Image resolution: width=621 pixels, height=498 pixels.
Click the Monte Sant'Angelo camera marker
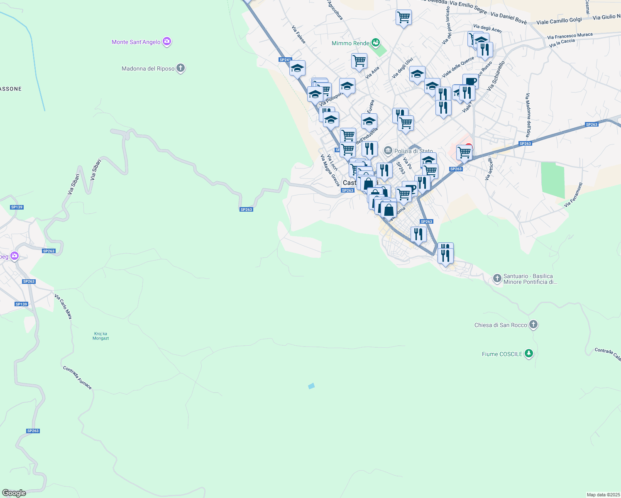coord(167,41)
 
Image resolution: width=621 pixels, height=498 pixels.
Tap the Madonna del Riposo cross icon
coord(180,68)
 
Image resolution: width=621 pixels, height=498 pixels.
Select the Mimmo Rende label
coord(350,43)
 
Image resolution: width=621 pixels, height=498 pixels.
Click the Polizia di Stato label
coord(413,151)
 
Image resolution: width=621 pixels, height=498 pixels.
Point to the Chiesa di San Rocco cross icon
coord(533,325)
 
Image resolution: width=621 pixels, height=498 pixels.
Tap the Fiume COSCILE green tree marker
coord(528,354)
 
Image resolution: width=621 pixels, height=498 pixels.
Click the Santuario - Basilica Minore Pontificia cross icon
coord(497,278)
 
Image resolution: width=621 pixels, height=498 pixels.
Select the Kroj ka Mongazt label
coord(101,336)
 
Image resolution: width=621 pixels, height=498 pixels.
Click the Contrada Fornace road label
coord(78,378)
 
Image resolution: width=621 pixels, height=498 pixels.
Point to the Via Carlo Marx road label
coord(63,307)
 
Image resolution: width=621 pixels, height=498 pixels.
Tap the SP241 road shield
coord(285,60)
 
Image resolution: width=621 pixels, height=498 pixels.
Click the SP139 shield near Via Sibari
coord(17,207)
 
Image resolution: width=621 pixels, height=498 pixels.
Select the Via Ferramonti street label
coord(573,195)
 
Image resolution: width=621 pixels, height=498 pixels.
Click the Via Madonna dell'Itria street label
coord(528,115)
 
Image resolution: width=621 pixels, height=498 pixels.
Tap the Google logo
coord(14,493)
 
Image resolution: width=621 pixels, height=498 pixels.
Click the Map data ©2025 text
coord(603,495)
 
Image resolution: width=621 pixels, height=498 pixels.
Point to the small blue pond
coord(311,386)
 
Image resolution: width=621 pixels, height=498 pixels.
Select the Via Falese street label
coord(298,35)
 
